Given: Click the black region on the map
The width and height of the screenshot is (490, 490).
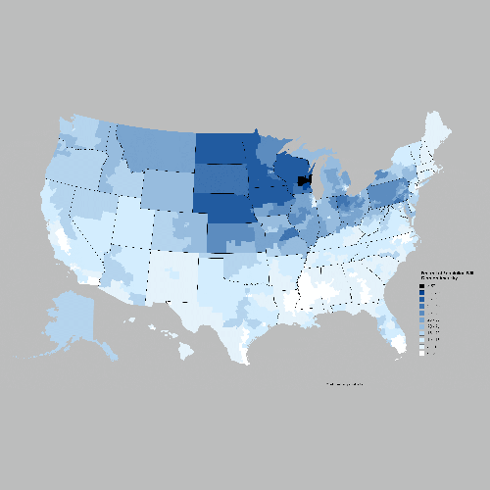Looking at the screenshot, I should tap(304, 181).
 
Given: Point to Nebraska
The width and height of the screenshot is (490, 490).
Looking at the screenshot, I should tap(225, 208).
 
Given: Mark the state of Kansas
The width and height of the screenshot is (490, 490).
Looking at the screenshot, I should tap(235, 237).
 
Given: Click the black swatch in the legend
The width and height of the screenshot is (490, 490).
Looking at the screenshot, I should tap(422, 286).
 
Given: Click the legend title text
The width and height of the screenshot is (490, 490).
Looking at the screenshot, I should tap(447, 274).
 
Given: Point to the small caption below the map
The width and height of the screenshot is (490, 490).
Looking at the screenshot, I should tap(344, 384).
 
